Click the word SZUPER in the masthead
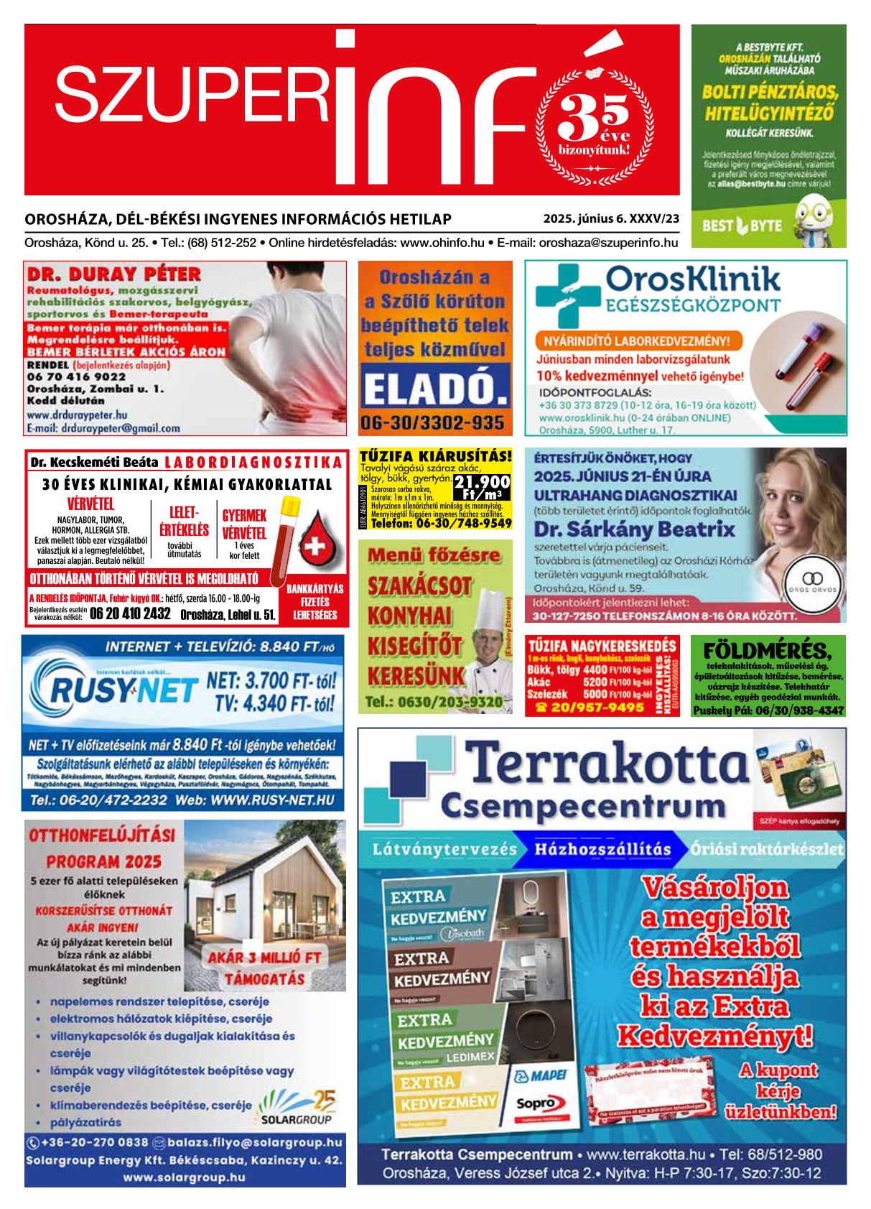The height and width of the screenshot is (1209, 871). coord(190,93)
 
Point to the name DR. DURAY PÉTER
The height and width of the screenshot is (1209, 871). coord(113,274)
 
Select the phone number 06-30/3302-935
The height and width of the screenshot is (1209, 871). coord(434,422)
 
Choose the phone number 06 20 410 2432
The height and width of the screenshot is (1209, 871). coord(131,613)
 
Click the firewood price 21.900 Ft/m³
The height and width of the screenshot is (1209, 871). coord(483,487)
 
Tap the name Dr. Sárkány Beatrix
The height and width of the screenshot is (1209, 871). coord(635,530)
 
